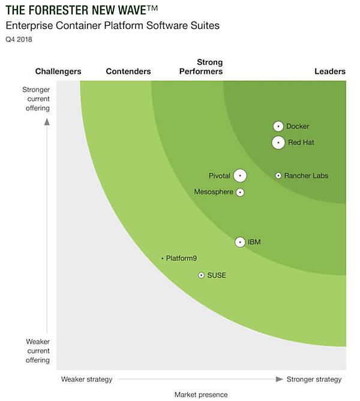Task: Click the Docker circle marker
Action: pyautogui.click(x=278, y=126)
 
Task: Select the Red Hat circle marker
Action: pyautogui.click(x=278, y=142)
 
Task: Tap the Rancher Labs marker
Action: pyautogui.click(x=278, y=175)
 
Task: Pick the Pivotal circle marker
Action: pyautogui.click(x=240, y=175)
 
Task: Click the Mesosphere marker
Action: pyautogui.click(x=240, y=192)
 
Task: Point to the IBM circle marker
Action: pyautogui.click(x=240, y=242)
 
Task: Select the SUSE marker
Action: pyautogui.click(x=202, y=275)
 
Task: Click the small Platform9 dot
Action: pyautogui.click(x=163, y=258)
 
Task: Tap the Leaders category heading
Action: pyautogui.click(x=330, y=71)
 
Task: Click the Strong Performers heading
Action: pyautogui.click(x=209, y=67)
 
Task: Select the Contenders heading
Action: pyautogui.click(x=128, y=71)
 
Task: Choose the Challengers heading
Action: pyautogui.click(x=58, y=71)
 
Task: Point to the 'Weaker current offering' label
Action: pyautogui.click(x=38, y=351)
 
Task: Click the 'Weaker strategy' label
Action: pyautogui.click(x=86, y=379)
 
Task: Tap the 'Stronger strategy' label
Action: pyautogui.click(x=314, y=379)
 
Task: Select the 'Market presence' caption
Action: pyautogui.click(x=201, y=394)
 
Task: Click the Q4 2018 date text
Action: pyautogui.click(x=19, y=40)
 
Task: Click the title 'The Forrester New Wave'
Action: pyautogui.click(x=82, y=10)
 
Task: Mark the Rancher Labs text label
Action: pyautogui.click(x=306, y=175)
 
